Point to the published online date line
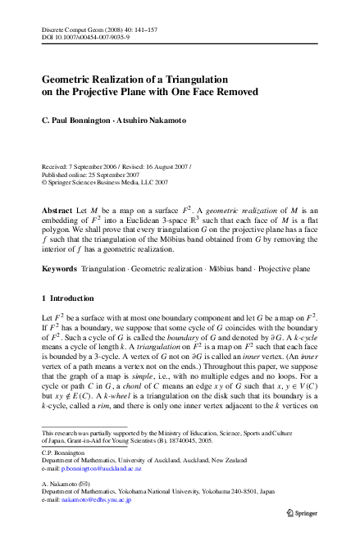point(88,175)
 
